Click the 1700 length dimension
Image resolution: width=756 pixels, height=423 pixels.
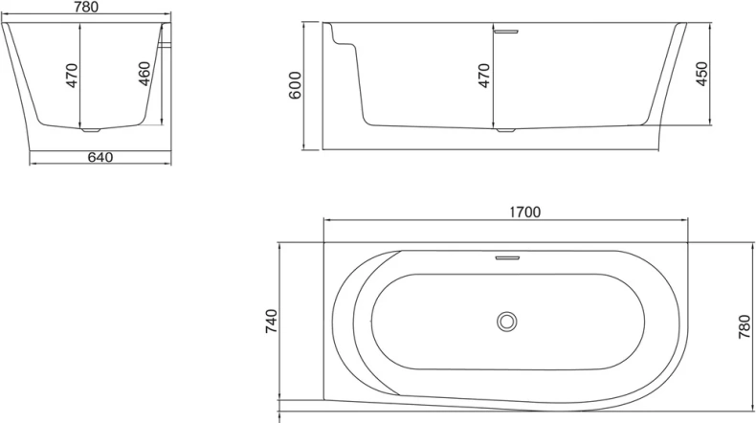pyautogui.click(x=526, y=212)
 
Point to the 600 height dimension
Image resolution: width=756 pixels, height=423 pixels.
pyautogui.click(x=296, y=85)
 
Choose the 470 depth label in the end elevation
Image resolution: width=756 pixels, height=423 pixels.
pyautogui.click(x=72, y=76)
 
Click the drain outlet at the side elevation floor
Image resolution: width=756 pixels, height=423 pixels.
pyautogui.click(x=503, y=129)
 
